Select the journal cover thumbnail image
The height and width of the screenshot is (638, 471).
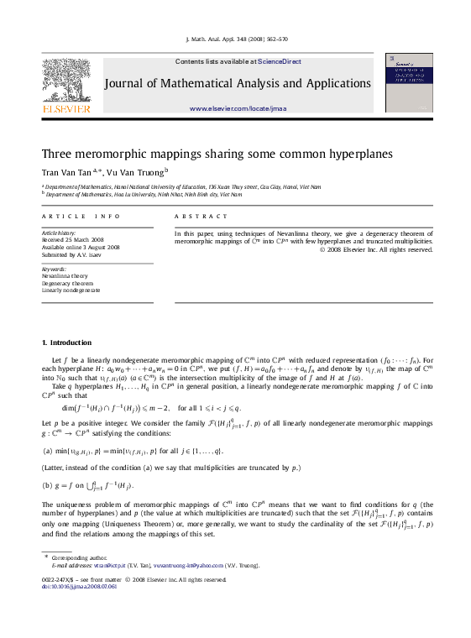409,82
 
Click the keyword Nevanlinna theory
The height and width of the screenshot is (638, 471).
65,275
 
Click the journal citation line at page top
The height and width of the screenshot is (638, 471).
235,39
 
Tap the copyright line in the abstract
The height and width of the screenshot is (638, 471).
386,249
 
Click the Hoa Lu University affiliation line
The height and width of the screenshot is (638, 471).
143,194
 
